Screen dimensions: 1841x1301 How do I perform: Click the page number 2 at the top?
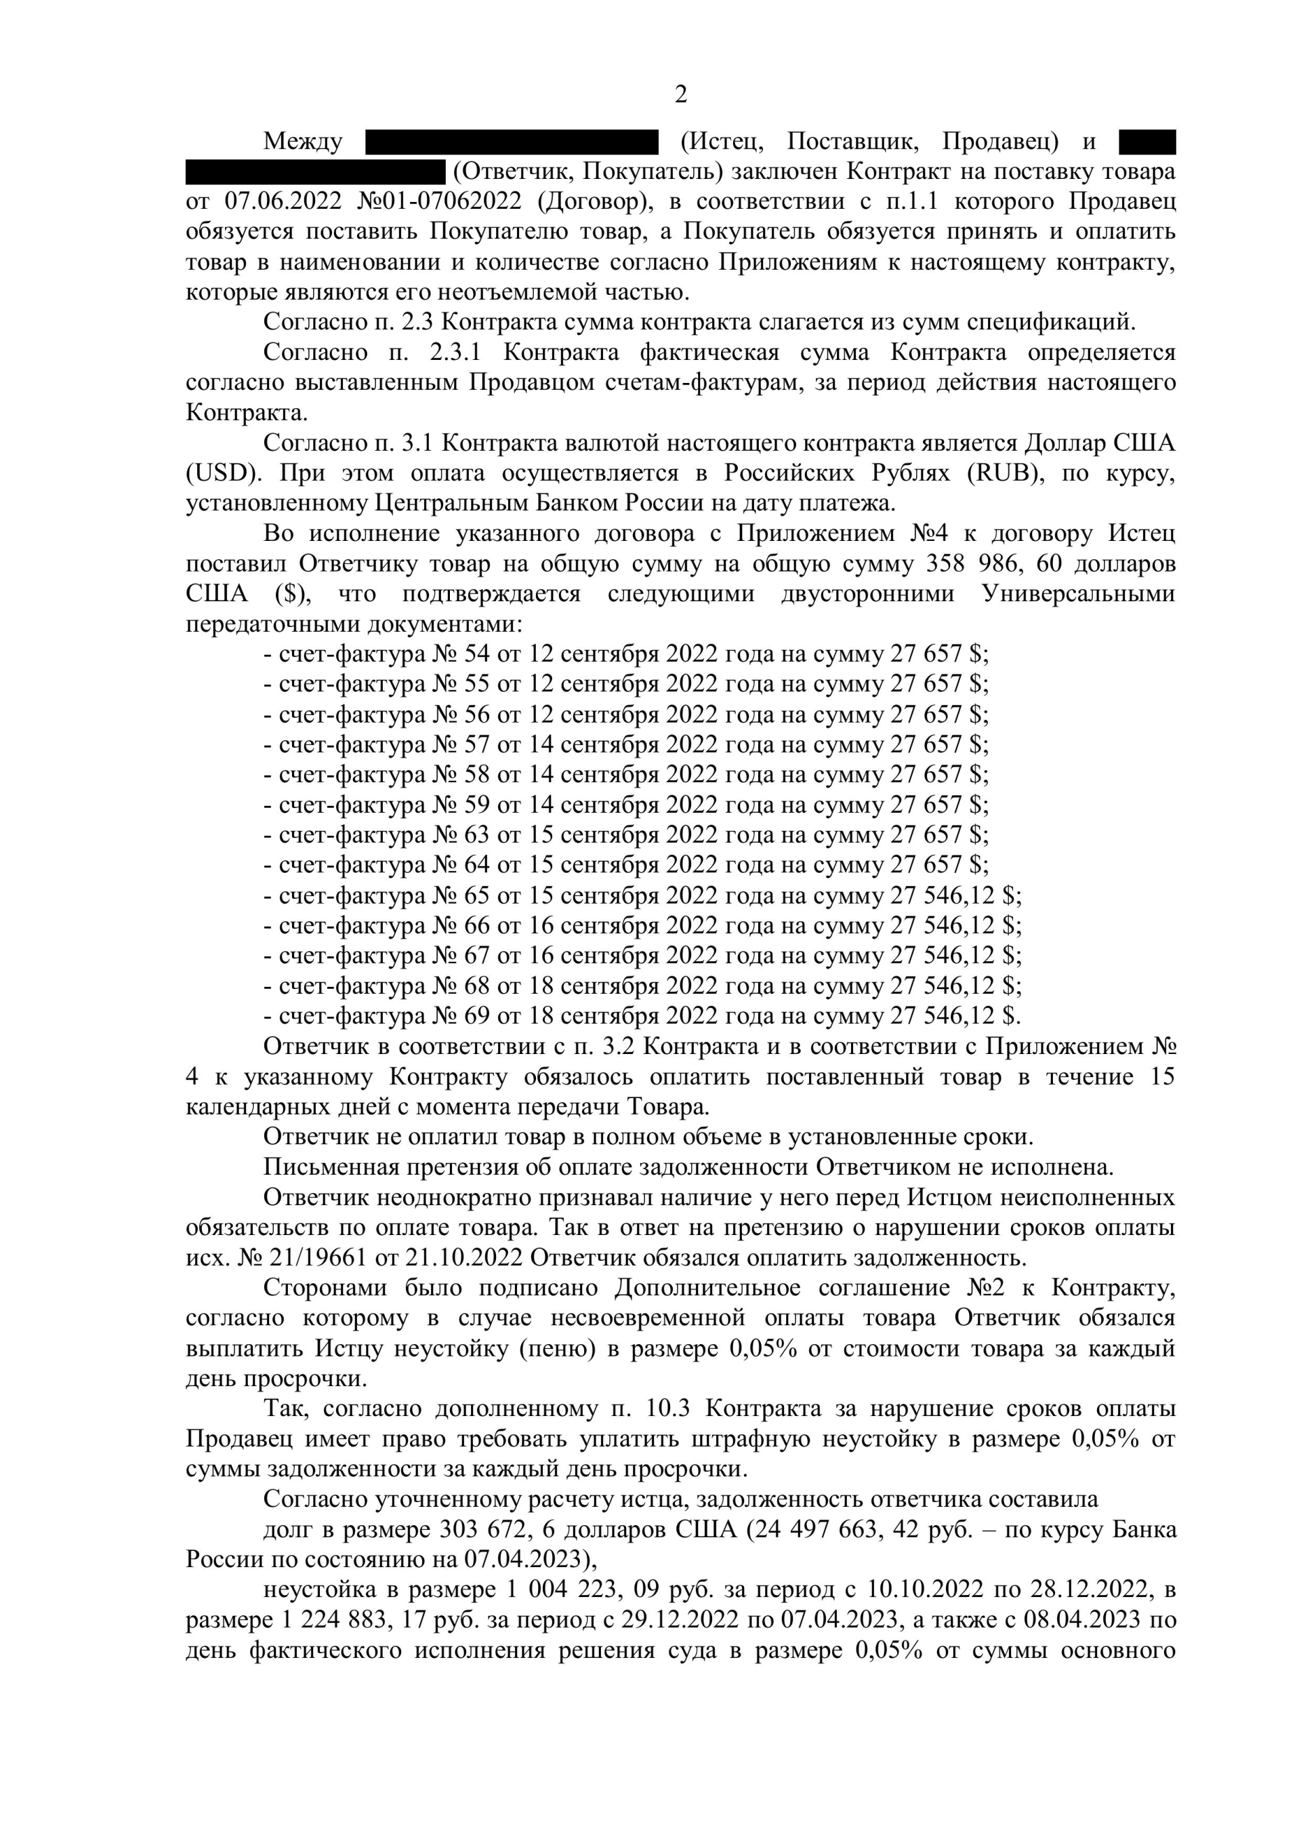(680, 96)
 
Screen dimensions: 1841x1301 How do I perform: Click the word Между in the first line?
(302, 142)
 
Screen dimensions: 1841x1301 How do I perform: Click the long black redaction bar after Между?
(512, 142)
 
